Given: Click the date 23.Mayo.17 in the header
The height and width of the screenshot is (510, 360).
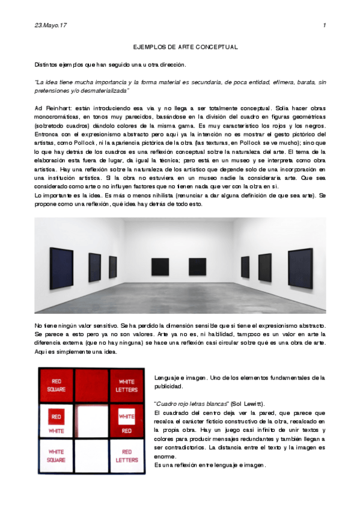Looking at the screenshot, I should (x=50, y=25).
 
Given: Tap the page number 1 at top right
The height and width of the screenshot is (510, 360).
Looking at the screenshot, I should (x=325, y=25).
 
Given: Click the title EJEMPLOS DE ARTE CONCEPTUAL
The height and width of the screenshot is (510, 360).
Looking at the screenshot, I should (x=186, y=47).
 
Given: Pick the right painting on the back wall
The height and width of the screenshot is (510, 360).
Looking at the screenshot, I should (x=197, y=266).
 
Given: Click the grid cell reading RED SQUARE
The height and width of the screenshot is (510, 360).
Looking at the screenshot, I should (x=56, y=384).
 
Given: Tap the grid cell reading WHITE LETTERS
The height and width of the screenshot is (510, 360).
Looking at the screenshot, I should (x=126, y=384).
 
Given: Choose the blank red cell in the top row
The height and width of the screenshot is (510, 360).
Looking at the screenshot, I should (x=91, y=384).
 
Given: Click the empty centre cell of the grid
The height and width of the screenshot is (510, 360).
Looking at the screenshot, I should (x=91, y=420).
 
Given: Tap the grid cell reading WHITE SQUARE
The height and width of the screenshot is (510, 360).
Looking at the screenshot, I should (x=56, y=455).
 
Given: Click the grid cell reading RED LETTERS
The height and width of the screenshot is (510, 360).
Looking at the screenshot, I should (x=126, y=455).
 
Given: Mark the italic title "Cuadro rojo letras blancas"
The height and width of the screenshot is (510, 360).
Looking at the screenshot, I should (x=192, y=403).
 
